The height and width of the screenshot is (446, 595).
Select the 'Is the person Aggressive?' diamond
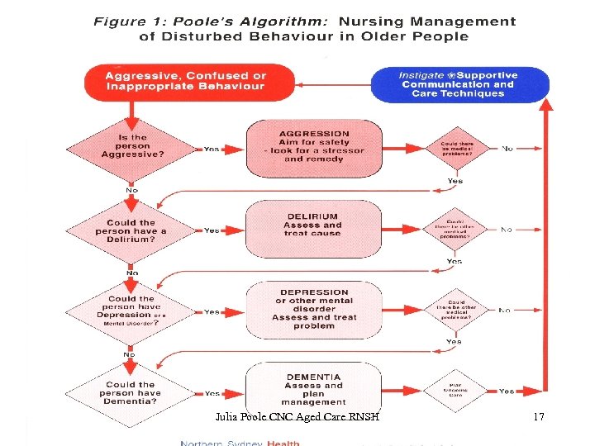click(131, 147)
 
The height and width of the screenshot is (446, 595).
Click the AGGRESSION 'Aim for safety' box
click(314, 147)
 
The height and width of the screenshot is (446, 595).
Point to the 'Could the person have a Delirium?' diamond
click(131, 230)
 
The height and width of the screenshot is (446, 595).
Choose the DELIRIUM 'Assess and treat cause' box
click(313, 225)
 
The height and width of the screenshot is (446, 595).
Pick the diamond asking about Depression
click(131, 311)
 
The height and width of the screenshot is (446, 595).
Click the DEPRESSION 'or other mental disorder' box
click(314, 309)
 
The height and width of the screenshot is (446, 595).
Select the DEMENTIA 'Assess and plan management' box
click(313, 390)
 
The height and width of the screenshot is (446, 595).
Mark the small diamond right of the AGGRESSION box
click(456, 149)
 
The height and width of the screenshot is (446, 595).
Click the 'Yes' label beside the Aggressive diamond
click(212, 149)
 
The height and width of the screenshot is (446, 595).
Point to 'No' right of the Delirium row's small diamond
click(506, 230)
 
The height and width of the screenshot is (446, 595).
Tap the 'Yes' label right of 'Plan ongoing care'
click(506, 391)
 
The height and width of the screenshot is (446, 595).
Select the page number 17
click(539, 417)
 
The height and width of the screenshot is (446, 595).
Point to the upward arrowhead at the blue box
click(545, 106)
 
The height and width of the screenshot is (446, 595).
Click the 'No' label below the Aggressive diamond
click(131, 190)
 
